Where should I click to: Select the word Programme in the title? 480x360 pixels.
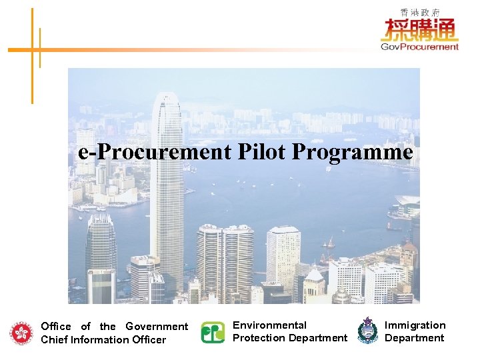coord(353,153)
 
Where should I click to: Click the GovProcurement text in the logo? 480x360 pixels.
coord(419,46)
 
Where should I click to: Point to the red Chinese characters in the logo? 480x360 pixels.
coord(419,29)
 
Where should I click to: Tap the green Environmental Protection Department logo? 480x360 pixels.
coord(213,332)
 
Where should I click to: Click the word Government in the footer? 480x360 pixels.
coord(157,326)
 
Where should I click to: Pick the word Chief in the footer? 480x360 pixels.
coord(55,339)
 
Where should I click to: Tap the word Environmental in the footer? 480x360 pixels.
coord(269,325)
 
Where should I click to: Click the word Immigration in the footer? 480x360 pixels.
coord(415,325)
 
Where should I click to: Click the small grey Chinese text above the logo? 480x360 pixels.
coord(419,12)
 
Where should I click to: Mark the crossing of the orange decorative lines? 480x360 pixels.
coord(31,49)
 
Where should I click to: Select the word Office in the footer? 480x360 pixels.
coord(56,326)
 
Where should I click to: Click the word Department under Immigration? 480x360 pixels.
coord(414,337)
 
